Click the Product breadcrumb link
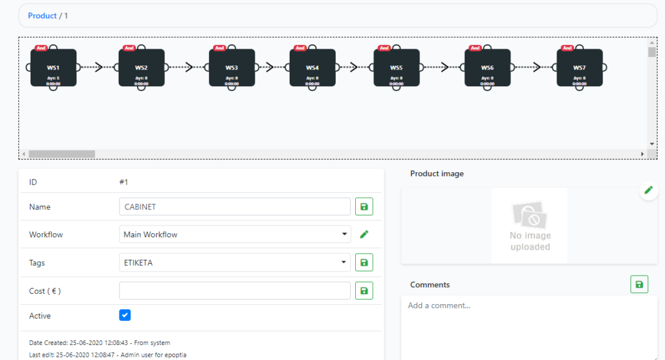coord(42,16)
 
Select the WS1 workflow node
coord(53,68)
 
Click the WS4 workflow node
coord(312,68)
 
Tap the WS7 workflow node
coord(579,68)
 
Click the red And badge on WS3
coord(220,48)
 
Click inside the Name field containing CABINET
coord(234,207)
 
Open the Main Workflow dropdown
coord(234,235)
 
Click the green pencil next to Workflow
coord(364,235)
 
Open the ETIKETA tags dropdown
coord(234,263)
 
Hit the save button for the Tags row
coord(364,263)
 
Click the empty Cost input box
coord(234,290)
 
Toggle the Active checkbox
coord(125,315)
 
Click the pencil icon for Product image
coord(647,190)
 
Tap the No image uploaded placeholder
coord(530,225)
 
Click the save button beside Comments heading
coord(639,285)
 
